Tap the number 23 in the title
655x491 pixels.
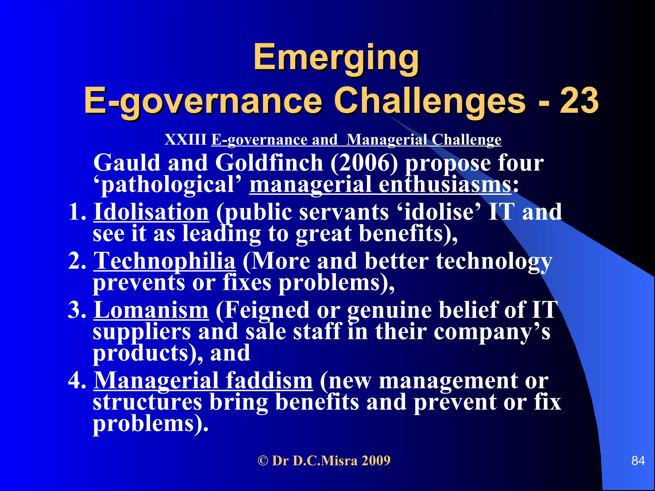[579, 101]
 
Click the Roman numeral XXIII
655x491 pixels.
[185, 140]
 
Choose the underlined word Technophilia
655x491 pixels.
[165, 261]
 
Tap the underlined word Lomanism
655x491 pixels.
[151, 310]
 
